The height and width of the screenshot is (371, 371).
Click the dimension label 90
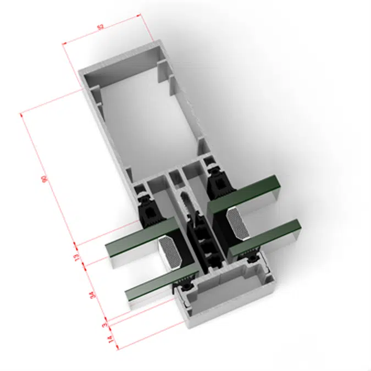(x=44, y=179)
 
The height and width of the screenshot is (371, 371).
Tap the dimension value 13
(x=77, y=257)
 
